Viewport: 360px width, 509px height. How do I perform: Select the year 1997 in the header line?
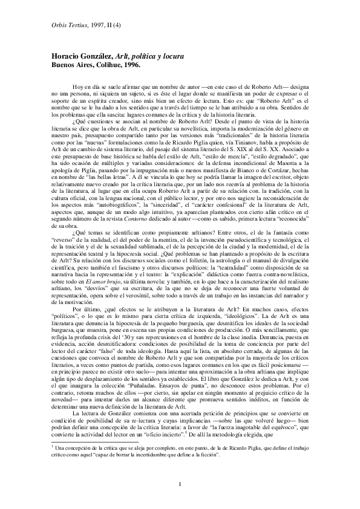97,24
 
